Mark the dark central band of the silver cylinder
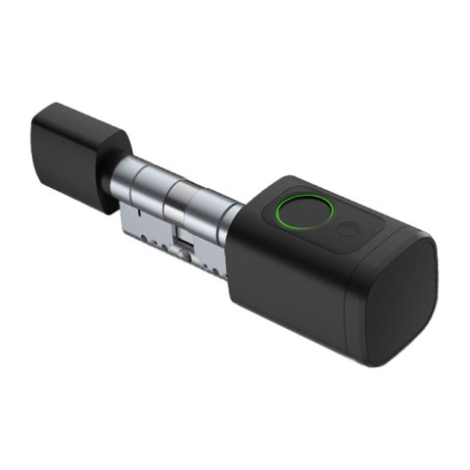[x=175, y=206]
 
